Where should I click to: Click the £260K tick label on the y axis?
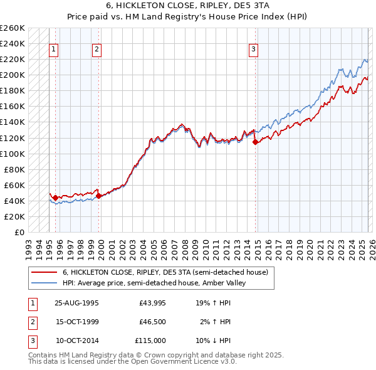[x=13, y=28]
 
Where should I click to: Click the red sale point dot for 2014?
[x=255, y=142]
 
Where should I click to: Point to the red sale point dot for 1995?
[x=56, y=198]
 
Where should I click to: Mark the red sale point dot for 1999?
[x=99, y=196]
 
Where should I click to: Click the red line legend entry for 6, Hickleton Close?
[x=165, y=272]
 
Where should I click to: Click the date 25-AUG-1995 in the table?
[x=76, y=303]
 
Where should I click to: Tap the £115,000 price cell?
[x=150, y=341]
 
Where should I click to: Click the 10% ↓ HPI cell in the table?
[x=213, y=341]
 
